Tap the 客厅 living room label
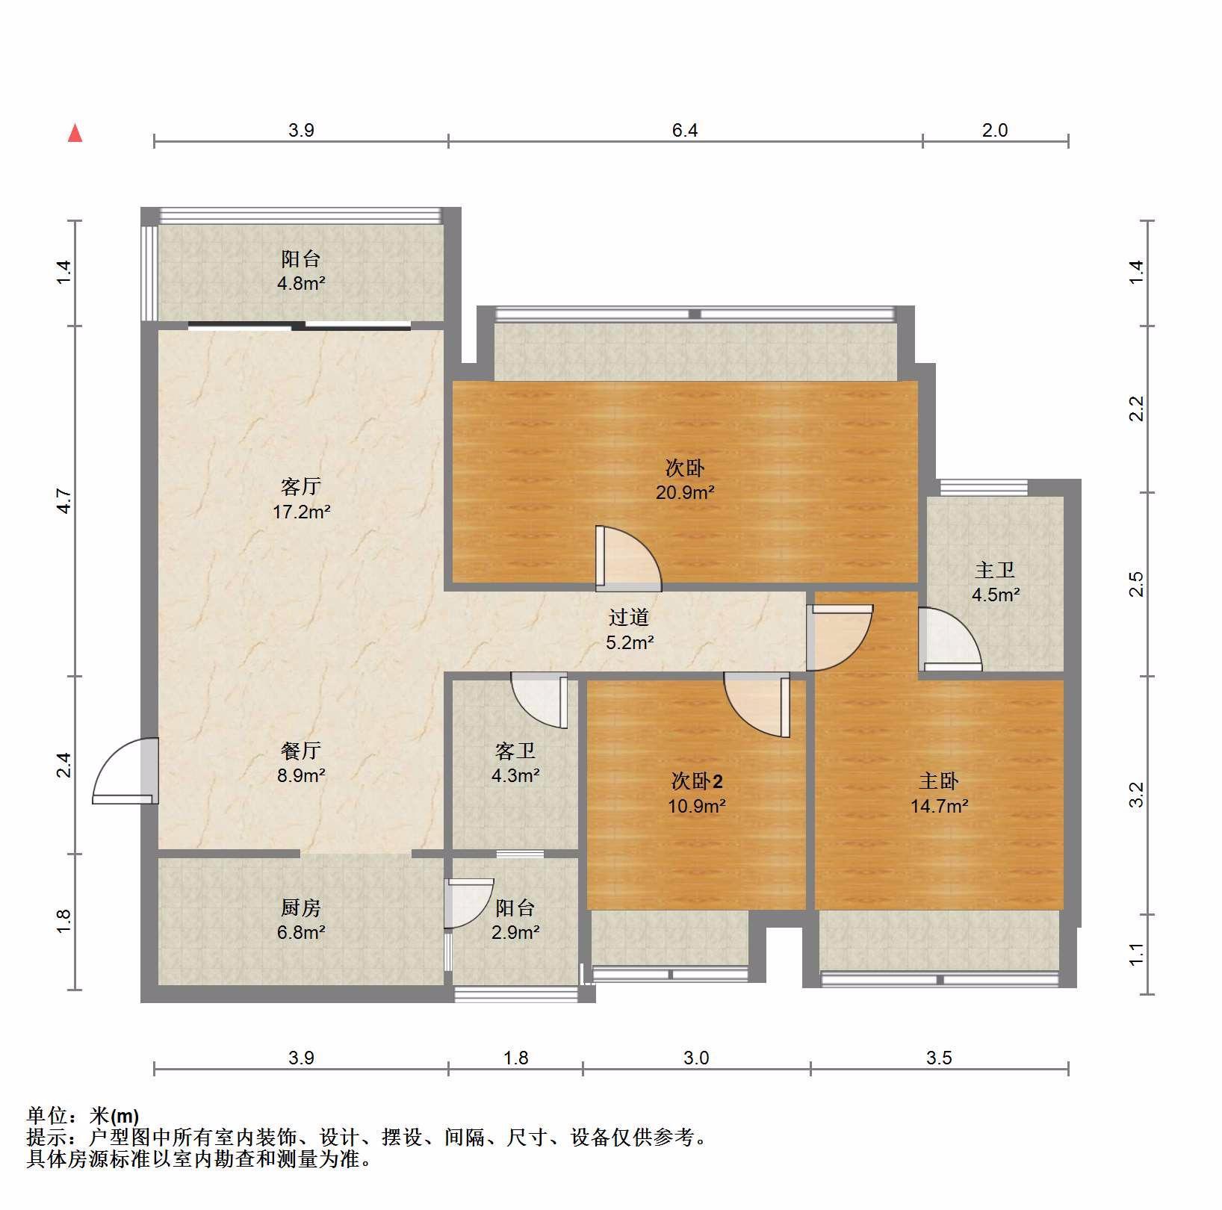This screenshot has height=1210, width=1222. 301,487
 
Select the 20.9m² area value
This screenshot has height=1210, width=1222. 685,493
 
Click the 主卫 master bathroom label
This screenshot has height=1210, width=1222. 995,571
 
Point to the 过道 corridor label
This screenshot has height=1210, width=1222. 629,618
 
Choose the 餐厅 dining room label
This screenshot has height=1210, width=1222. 301,751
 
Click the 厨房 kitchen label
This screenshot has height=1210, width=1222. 301,908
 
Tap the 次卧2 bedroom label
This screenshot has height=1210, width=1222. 696,782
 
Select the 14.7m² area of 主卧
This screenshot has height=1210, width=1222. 939,807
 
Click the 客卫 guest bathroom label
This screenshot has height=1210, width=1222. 515,751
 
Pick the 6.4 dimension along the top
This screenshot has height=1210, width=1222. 685,131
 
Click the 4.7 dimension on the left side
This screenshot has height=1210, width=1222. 65,500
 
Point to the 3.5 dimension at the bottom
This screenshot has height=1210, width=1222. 939,1058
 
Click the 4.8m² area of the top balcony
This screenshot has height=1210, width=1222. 301,284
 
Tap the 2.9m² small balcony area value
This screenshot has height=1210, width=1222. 515,933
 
